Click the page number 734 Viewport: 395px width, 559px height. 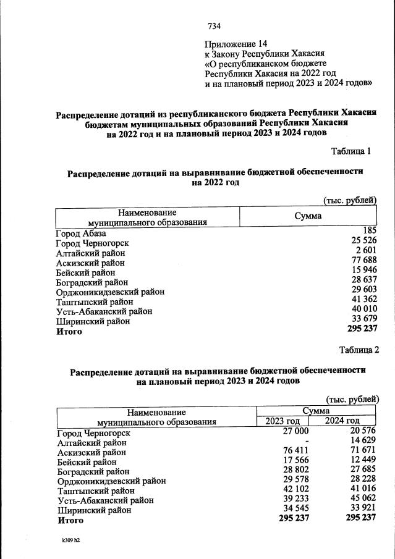pyautogui.click(x=214, y=26)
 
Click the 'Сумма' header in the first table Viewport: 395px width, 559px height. pyautogui.click(x=308, y=216)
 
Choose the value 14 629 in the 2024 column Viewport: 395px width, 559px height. pyautogui.click(x=363, y=442)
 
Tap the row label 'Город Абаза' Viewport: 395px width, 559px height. pyautogui.click(x=80, y=233)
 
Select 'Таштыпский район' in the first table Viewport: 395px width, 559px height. pyautogui.click(x=94, y=302)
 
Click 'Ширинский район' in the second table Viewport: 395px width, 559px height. pyautogui.click(x=93, y=510)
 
